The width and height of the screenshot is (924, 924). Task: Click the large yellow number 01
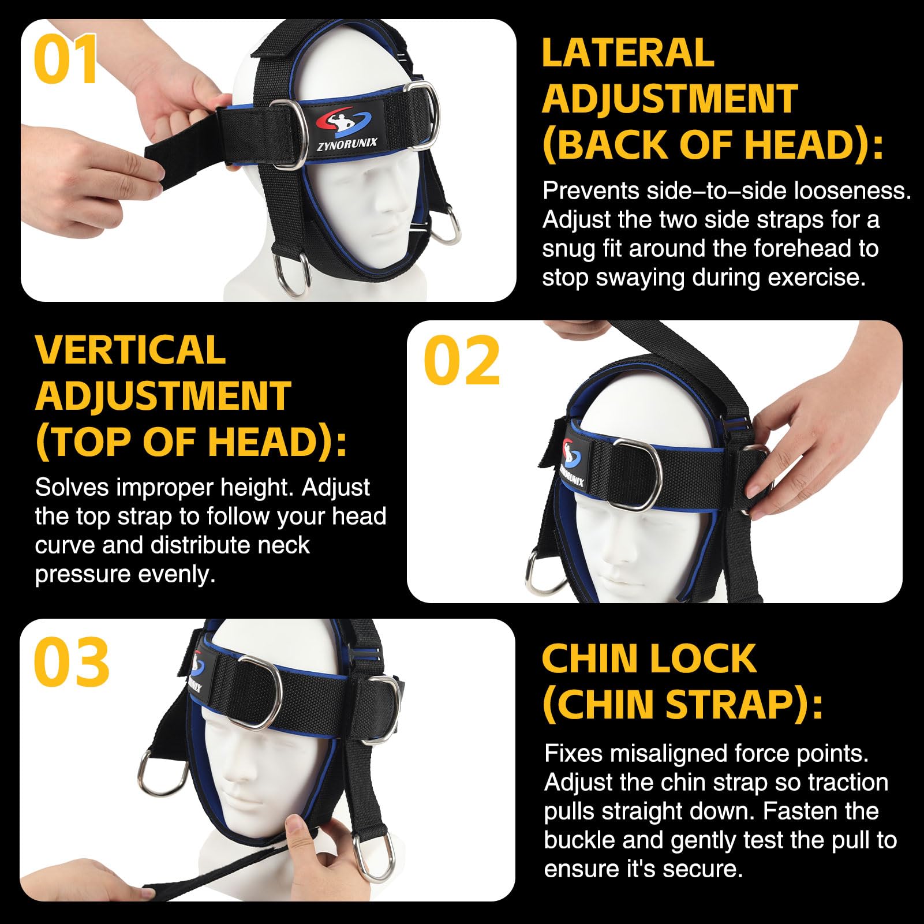coord(66,60)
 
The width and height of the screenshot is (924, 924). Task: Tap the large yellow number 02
coord(461,361)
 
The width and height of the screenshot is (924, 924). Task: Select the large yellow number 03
coord(72,661)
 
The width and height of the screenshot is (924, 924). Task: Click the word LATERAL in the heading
coord(628,53)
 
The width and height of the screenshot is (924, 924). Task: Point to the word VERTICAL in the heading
coord(130,349)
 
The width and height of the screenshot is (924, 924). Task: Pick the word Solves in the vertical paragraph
coord(71,488)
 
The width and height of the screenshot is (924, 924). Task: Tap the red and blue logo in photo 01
coord(345,121)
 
